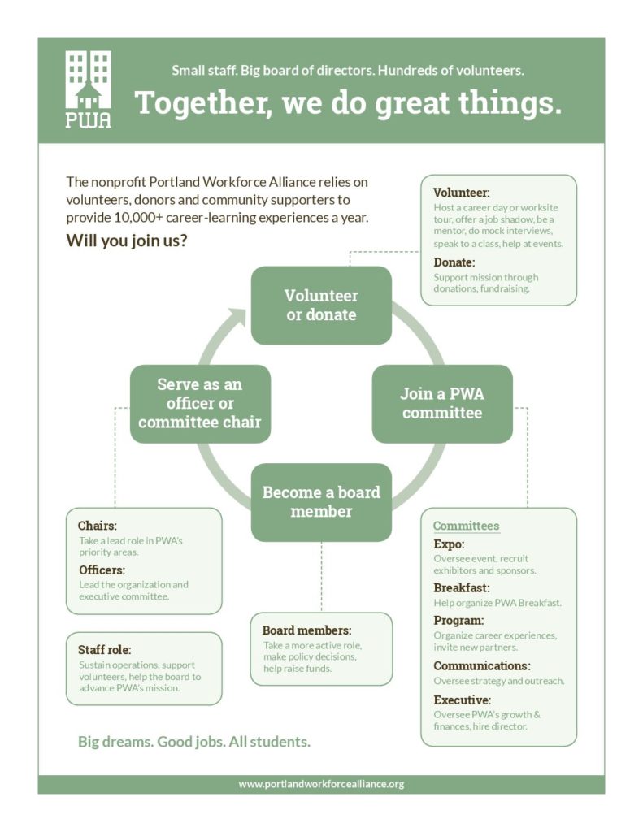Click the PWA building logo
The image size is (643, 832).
[88, 89]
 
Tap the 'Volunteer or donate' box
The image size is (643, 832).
[321, 305]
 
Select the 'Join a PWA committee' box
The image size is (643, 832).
[442, 403]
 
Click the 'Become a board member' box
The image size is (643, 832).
[321, 502]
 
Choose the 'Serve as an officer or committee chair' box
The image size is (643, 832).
[200, 403]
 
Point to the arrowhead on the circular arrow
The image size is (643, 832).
[237, 318]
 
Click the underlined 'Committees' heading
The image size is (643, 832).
[466, 526]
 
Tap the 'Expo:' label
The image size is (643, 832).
[449, 544]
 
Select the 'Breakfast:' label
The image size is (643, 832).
[462, 587]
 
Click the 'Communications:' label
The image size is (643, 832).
[481, 665]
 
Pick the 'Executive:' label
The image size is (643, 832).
[462, 700]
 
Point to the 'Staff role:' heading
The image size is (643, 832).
[105, 649]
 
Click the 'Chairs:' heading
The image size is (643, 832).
[98, 526]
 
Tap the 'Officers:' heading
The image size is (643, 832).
[102, 570]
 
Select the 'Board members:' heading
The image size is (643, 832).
[307, 630]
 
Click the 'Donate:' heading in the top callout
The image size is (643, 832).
[454, 262]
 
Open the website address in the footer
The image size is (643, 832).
[321, 784]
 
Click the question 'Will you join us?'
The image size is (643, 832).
[127, 240]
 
